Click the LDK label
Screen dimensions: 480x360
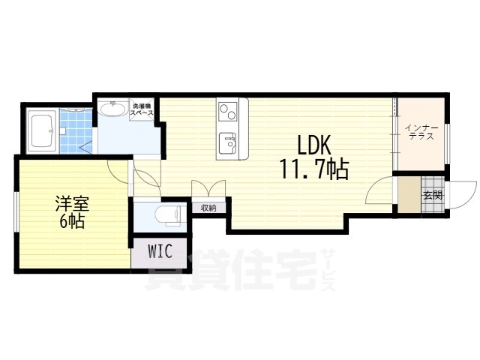tap(314, 145)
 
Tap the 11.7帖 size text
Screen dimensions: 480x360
tap(314, 169)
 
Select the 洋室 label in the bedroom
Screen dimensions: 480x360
tap(72, 204)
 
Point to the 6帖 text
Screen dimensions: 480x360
tap(72, 221)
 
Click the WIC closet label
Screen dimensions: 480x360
tap(160, 252)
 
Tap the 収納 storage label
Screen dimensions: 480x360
tap(208, 208)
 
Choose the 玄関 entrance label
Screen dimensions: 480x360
tap(433, 195)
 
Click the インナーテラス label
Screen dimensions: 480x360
tap(421, 132)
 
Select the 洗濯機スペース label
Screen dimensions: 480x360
tap(142, 109)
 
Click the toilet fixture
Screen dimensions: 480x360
tap(168, 215)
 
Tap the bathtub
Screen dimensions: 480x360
tap(42, 131)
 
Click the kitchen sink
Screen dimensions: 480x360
tap(226, 143)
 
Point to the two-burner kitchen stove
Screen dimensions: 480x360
tap(228, 112)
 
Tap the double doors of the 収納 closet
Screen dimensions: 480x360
tap(208, 188)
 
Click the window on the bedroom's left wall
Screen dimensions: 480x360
tap(16, 211)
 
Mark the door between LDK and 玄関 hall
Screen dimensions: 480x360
tap(379, 190)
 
